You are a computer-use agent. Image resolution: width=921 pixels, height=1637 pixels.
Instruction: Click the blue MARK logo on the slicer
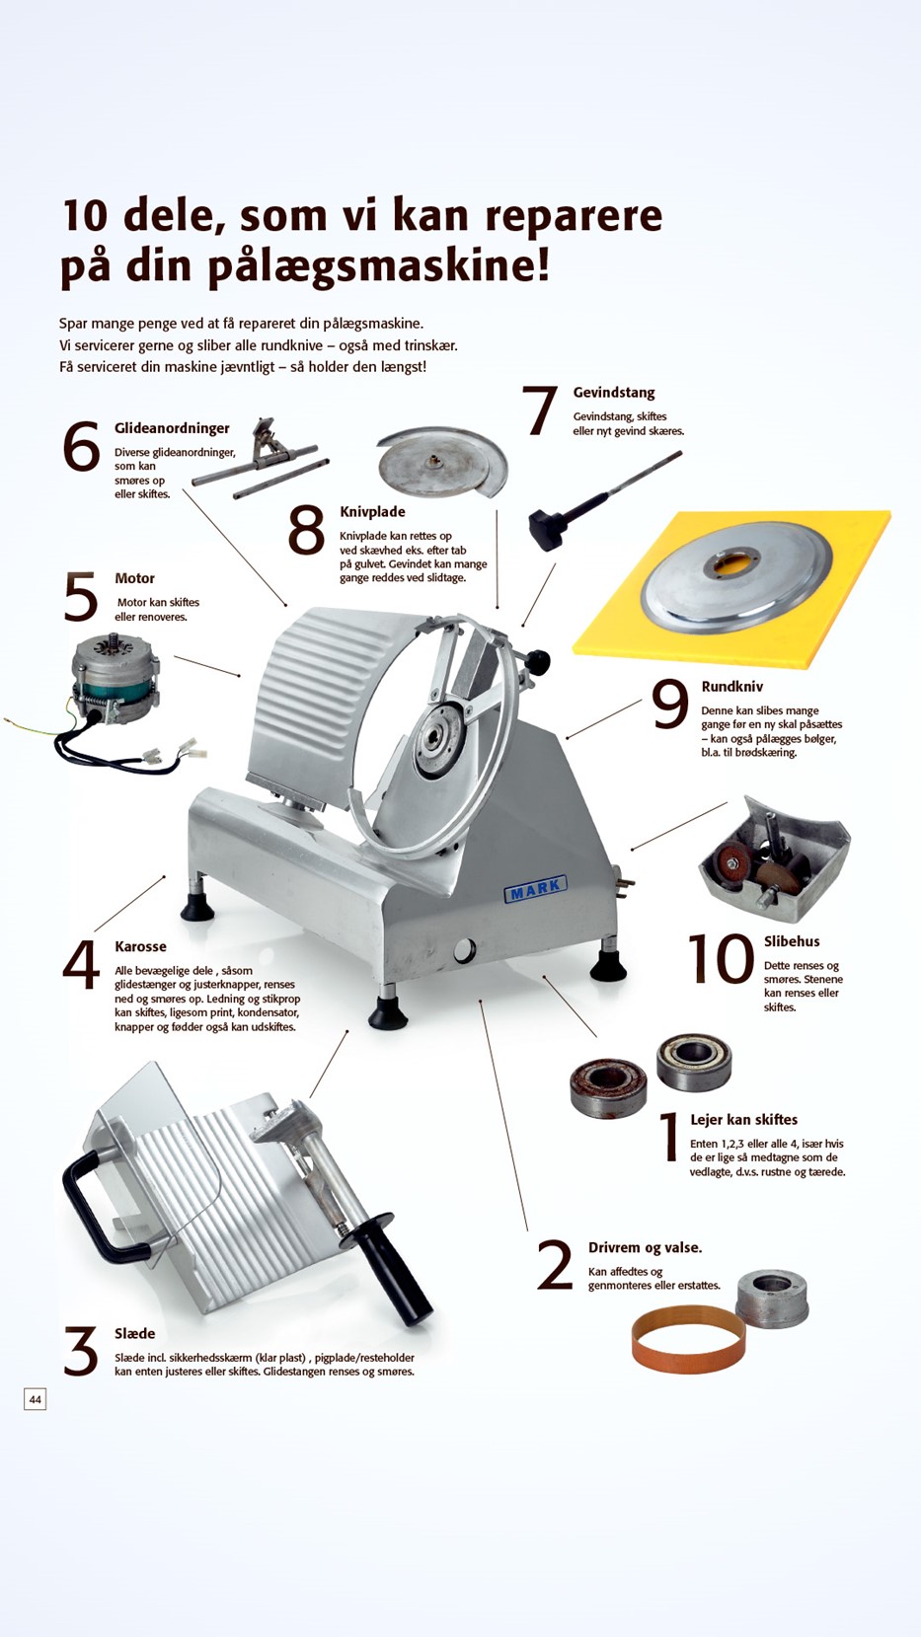point(535,889)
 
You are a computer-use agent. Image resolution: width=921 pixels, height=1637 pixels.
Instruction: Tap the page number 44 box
point(36,1399)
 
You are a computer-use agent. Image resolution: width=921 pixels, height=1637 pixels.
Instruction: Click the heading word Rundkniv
point(731,686)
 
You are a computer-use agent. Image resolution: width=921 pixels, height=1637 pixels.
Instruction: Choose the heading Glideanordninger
point(172,428)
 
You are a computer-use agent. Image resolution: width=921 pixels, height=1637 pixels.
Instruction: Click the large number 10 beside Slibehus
point(721,958)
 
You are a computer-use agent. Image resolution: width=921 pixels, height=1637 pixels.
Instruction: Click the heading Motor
point(134,578)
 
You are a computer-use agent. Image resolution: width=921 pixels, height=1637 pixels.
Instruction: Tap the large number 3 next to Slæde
point(80,1351)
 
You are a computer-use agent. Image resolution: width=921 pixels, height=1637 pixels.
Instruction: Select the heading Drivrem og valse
point(645,1247)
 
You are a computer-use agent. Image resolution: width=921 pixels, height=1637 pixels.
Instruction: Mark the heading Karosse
point(140,946)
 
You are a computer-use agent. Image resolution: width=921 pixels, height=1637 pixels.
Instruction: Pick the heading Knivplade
point(372,511)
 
